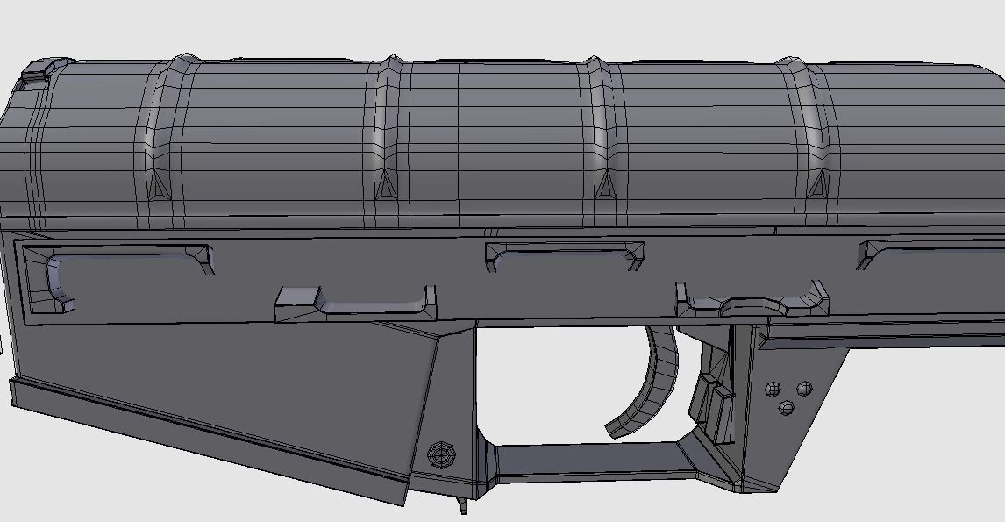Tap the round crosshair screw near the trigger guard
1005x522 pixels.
pos(441,454)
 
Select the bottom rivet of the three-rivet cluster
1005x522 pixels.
pos(787,407)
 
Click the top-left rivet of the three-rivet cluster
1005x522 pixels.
pos(773,389)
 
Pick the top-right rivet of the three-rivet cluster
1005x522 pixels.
pos(802,388)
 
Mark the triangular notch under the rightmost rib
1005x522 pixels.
pos(816,183)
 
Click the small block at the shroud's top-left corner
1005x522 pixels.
pos(36,70)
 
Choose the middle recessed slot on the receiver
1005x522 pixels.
pos(565,255)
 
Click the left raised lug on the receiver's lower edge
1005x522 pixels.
pos(355,304)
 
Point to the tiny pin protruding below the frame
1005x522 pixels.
pos(462,506)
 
